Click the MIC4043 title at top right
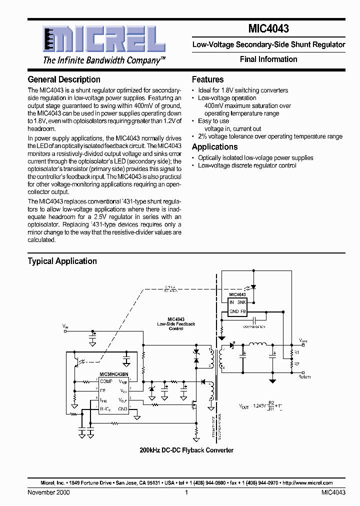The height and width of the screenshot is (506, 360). pos(268,29)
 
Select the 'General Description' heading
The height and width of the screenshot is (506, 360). pos(64,79)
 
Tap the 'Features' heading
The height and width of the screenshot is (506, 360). pos(207,79)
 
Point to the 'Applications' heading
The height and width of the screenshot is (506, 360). pos(214,147)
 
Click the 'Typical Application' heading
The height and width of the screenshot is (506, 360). pos(62,261)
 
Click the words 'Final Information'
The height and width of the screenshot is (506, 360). pos(268,59)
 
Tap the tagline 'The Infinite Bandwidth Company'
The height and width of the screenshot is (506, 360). pos(104,60)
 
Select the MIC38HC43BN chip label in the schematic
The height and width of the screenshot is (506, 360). pos(114,374)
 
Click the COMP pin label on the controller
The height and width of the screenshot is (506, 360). pos(106,381)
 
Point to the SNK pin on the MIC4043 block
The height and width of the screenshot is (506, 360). pos(241,302)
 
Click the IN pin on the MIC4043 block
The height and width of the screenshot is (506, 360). pos(231,302)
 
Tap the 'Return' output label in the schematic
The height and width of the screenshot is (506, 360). pos(304,377)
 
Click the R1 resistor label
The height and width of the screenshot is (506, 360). pos(296,353)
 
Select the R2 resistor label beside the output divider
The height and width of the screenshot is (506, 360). pos(296,364)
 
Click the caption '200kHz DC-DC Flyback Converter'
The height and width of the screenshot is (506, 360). pos(186,450)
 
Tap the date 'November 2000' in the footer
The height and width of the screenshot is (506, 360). pos(48,492)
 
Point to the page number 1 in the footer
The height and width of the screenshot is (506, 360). pos(186,492)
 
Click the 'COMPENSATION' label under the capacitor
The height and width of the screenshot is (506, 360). pos(254,326)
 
